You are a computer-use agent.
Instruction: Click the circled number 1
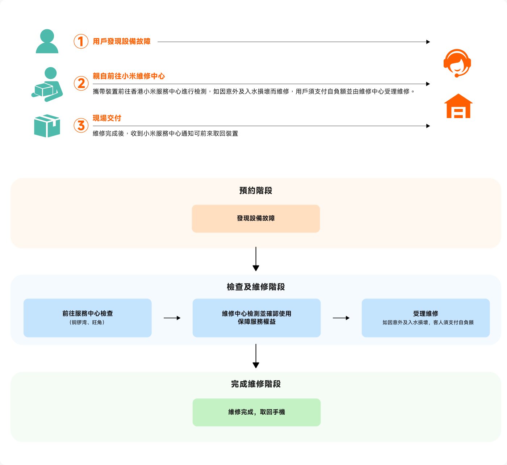81,41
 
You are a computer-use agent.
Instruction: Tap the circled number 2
81,83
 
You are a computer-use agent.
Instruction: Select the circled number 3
81,126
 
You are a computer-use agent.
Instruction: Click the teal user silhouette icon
47,41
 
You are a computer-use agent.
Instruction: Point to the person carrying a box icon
47,84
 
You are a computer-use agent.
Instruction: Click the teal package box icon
47,126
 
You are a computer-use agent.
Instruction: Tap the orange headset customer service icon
457,63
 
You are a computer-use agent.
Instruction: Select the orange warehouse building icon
458,106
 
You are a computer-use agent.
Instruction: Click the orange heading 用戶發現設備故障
122,41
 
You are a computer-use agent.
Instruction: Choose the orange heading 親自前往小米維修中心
129,76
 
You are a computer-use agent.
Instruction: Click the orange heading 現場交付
107,118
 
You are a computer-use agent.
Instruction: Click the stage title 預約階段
256,190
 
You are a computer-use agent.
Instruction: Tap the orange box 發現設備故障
256,218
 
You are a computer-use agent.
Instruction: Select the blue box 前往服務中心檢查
87,318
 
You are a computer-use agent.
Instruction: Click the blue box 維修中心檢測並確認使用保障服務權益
256,318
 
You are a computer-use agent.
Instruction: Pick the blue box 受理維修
426,318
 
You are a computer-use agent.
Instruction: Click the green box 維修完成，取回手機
256,412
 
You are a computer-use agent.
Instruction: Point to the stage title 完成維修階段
256,384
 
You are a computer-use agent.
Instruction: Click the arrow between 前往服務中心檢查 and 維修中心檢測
172,318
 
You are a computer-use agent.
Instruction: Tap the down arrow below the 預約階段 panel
256,259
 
